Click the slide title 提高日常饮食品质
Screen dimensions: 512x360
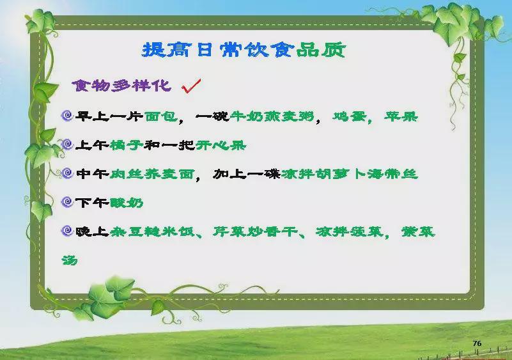tap(244, 50)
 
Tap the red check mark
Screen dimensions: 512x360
tap(191, 86)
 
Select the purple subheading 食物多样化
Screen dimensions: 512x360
tap(121, 86)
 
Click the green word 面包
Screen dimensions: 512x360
tap(160, 116)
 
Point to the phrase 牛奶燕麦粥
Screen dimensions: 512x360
tap(272, 116)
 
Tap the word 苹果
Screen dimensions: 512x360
tap(401, 116)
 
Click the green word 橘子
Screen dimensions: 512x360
tap(127, 145)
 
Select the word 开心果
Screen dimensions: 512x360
tap(221, 145)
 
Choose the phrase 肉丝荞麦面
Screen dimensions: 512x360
tap(152, 174)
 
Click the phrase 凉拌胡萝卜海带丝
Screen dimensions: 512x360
tap(350, 174)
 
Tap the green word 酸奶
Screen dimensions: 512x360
tap(127, 203)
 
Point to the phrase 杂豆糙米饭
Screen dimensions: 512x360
tap(152, 231)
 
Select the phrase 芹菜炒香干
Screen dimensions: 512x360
tap(255, 231)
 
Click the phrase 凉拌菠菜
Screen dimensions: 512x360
tap(350, 231)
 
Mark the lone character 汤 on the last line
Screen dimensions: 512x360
tap(70, 260)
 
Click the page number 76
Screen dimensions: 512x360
tap(477, 343)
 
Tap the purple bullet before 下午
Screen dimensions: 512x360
tap(67, 202)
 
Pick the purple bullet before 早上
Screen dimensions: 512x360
tap(67, 115)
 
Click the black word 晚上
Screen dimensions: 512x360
tap(92, 231)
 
